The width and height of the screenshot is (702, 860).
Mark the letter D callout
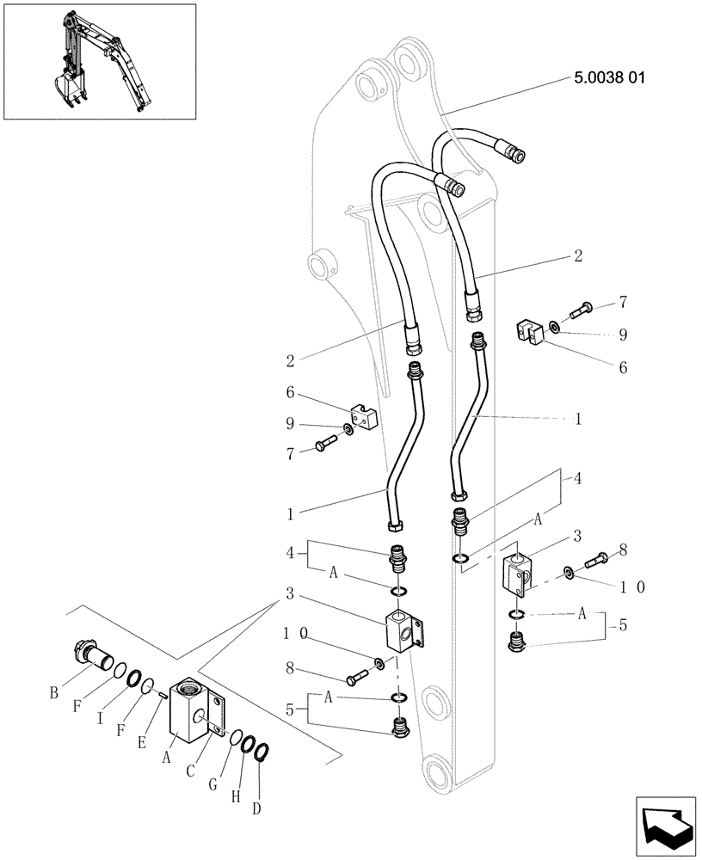[x=256, y=808]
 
